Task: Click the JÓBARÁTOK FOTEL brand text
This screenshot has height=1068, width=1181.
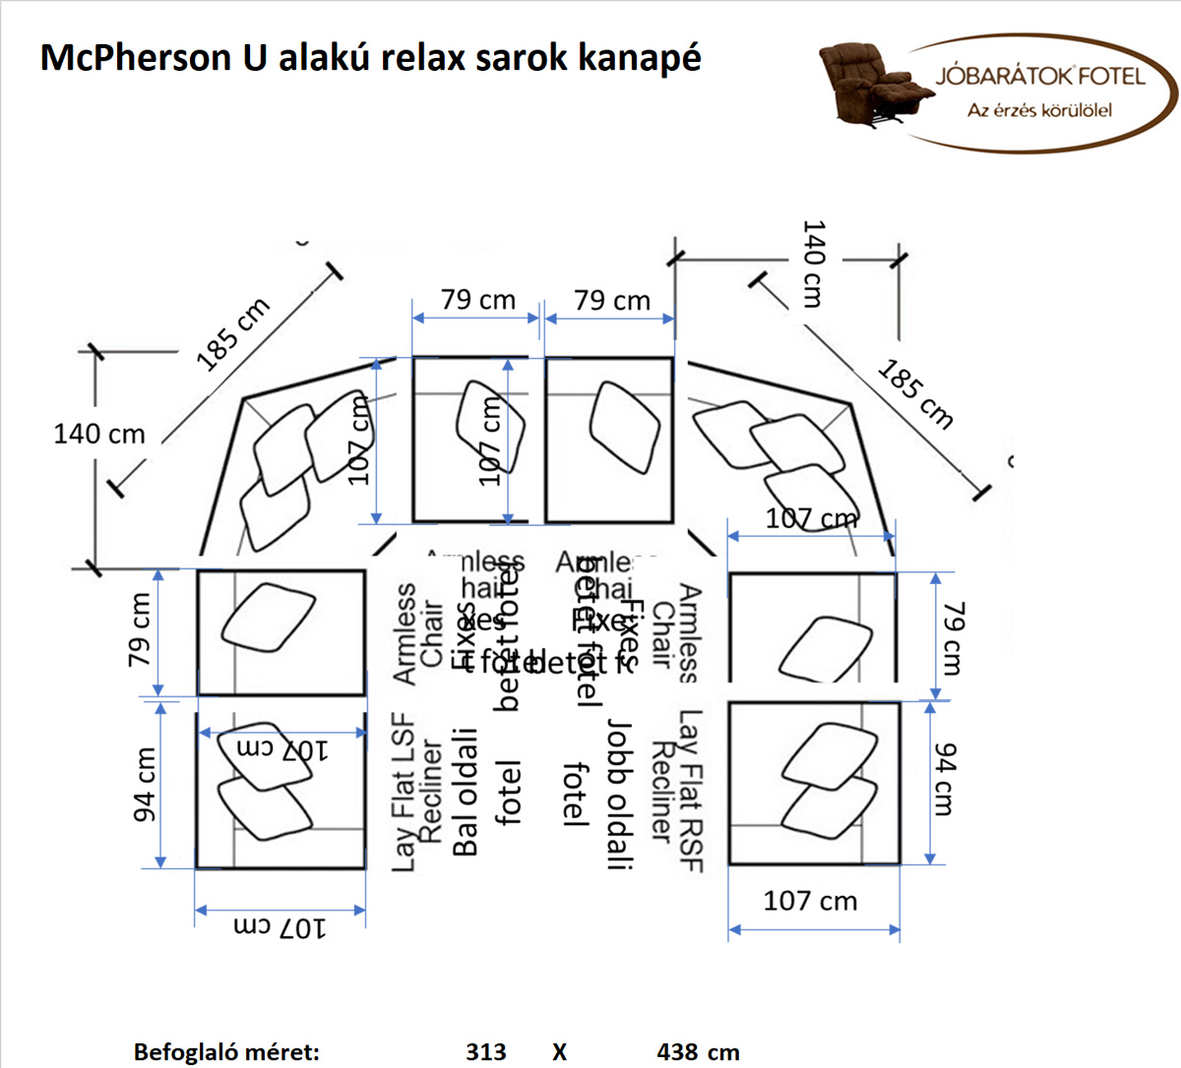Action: click(1040, 77)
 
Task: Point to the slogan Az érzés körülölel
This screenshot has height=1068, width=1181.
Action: click(1039, 110)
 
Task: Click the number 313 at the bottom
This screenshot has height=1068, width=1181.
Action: click(486, 1052)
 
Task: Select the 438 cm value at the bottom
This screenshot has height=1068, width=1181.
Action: click(698, 1052)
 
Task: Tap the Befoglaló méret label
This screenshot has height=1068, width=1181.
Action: click(226, 1052)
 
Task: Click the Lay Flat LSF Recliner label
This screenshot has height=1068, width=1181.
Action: click(417, 793)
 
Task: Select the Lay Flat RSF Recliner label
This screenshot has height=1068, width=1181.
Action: click(678, 792)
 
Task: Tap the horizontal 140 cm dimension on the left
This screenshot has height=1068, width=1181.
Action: click(98, 434)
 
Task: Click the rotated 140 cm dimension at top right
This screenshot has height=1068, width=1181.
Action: click(813, 264)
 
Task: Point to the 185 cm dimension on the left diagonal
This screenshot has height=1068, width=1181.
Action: click(232, 334)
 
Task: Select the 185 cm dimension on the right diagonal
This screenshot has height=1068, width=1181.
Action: click(915, 394)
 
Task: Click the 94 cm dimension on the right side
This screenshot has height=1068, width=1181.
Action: click(944, 780)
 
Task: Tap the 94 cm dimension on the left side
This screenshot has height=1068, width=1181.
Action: click(145, 784)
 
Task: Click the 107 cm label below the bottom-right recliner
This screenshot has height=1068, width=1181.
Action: click(810, 901)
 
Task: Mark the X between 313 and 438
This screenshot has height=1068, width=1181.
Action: click(559, 1052)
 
